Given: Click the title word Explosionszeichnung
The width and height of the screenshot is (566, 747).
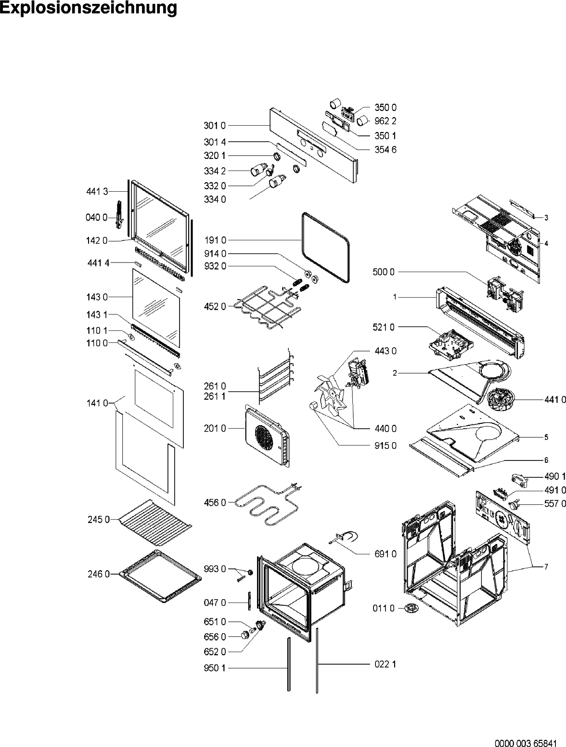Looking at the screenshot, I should point(89,8).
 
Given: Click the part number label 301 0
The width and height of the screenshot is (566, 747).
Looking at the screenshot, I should point(214,126).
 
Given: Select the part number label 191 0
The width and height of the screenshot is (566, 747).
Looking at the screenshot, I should point(214,240).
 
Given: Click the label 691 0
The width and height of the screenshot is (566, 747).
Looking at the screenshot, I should point(386,554).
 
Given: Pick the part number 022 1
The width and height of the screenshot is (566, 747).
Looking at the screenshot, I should point(386,664).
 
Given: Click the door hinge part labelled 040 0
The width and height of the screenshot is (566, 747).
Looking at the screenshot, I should point(119,215).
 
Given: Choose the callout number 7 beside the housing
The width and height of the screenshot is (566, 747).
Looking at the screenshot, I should point(546,567).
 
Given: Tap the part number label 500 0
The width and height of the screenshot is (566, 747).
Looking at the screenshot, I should point(384,272).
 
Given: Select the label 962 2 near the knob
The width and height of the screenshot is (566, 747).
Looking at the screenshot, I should point(386,121).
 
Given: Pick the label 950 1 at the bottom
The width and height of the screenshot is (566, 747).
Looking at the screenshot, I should point(214,668).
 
